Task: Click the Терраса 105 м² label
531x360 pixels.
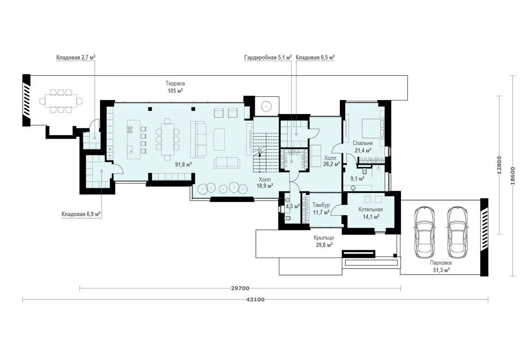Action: point(175,87)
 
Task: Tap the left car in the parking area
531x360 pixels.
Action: point(425,232)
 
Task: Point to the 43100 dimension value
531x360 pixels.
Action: point(257,300)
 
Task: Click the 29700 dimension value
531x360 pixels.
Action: point(240,288)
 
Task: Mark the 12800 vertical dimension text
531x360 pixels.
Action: point(499,165)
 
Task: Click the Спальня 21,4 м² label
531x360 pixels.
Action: point(362,147)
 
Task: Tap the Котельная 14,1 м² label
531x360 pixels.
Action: point(370,213)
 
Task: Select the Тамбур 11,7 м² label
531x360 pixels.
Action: point(321,209)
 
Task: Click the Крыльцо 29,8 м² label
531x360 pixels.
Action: point(324,241)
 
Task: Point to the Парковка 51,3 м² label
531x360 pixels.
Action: point(441,266)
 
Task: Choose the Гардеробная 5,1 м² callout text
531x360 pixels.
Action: point(268,58)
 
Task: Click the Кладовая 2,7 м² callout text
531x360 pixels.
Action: point(76,58)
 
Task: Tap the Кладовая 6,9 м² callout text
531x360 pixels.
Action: point(81,214)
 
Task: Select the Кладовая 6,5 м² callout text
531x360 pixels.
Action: point(315,58)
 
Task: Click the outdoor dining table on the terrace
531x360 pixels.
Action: point(61,101)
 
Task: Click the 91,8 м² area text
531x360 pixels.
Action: point(184,165)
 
